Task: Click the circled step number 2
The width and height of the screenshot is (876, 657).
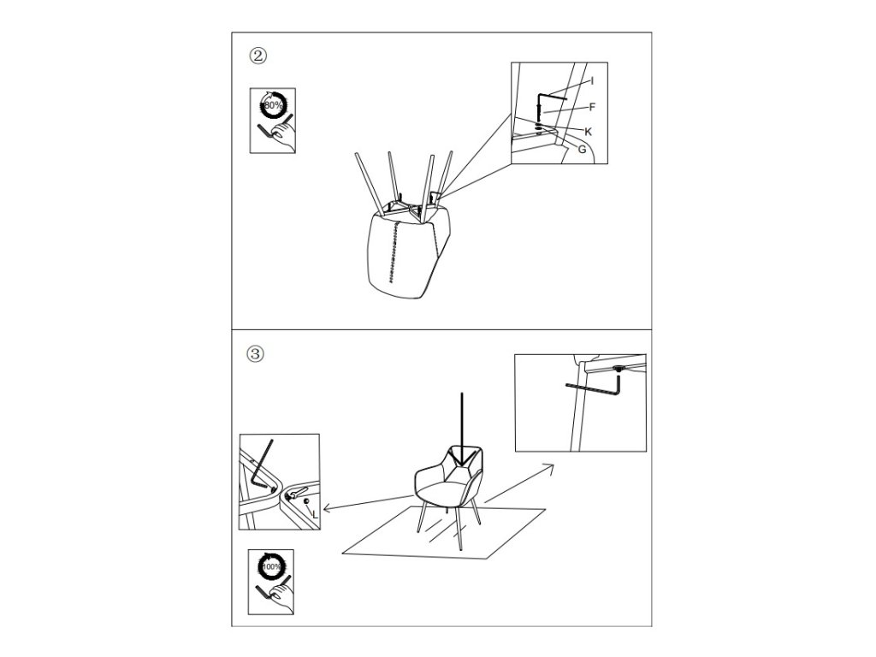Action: (x=257, y=56)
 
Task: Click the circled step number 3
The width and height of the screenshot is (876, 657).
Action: (x=255, y=354)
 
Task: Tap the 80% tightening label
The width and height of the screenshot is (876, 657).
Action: (x=274, y=105)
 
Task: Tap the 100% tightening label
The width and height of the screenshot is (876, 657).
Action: (x=273, y=566)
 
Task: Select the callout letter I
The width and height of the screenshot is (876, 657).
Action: (x=592, y=81)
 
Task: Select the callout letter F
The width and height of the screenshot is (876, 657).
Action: (x=592, y=107)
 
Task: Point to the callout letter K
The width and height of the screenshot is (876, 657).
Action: (x=588, y=132)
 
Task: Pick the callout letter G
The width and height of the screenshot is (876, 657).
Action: (x=582, y=149)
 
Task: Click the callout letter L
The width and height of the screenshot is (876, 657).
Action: (x=315, y=514)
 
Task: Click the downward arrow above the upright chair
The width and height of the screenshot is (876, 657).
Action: (x=461, y=428)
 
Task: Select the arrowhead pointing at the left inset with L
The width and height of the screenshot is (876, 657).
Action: (x=328, y=508)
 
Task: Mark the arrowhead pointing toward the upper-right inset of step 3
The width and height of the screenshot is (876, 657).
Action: (x=548, y=468)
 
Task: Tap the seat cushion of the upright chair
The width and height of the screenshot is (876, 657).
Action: (x=441, y=489)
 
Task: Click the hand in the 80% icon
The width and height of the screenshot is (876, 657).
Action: (x=284, y=136)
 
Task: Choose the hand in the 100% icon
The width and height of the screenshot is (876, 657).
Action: (x=282, y=597)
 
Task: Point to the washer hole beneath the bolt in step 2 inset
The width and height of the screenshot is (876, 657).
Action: (x=538, y=132)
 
